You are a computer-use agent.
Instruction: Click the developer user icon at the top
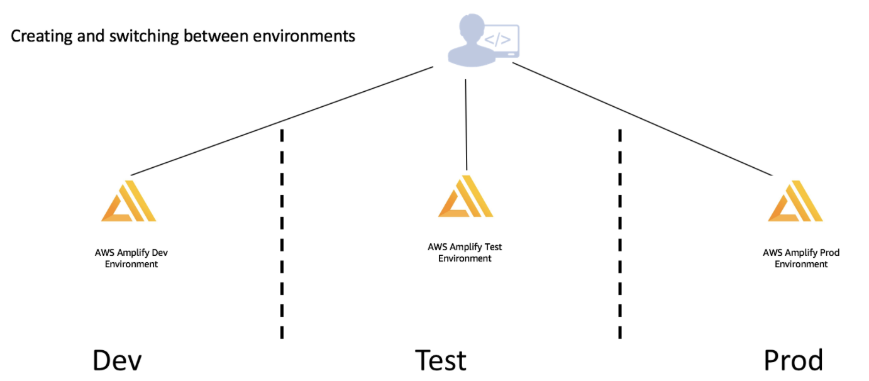483,40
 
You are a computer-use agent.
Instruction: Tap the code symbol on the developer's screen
498,40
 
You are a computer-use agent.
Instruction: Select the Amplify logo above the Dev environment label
129,201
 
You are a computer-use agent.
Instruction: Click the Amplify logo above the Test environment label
465,196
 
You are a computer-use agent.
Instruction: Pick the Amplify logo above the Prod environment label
795,201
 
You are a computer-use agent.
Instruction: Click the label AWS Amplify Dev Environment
131,258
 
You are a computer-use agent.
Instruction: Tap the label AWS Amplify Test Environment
465,253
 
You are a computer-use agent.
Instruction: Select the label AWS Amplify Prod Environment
801,258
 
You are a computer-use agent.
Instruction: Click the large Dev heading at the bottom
117,360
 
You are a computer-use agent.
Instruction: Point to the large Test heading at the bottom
441,360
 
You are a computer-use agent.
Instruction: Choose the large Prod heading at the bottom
793,360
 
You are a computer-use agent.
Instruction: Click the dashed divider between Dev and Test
282,234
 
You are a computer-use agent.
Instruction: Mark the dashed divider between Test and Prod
620,234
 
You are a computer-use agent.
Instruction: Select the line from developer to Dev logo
282,121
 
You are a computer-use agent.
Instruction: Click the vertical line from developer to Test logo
466,125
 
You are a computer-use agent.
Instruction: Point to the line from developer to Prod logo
643,119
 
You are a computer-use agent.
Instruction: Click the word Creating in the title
42,36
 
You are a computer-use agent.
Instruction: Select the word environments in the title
304,36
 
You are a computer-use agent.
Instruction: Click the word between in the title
216,36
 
